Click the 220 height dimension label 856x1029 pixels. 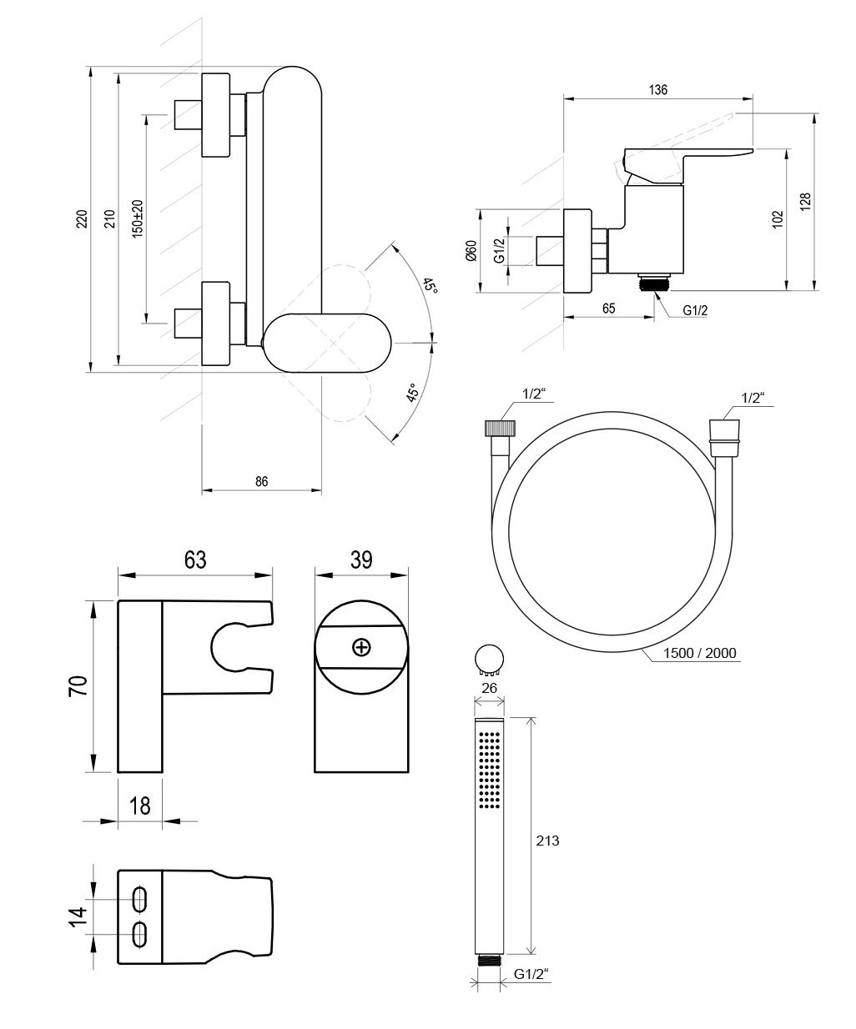pyautogui.click(x=83, y=218)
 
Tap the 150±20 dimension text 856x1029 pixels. pyautogui.click(x=138, y=218)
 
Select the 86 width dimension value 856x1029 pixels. pyautogui.click(x=262, y=481)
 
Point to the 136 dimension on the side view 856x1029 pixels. pyautogui.click(x=657, y=90)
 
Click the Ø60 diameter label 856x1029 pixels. pyautogui.click(x=471, y=250)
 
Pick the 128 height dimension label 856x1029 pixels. pyautogui.click(x=805, y=202)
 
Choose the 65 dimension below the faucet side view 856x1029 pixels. pyautogui.click(x=609, y=309)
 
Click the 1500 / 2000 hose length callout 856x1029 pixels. pyautogui.click(x=699, y=654)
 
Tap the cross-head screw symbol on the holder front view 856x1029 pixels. pyautogui.click(x=361, y=648)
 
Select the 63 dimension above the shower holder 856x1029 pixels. pyautogui.click(x=195, y=560)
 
